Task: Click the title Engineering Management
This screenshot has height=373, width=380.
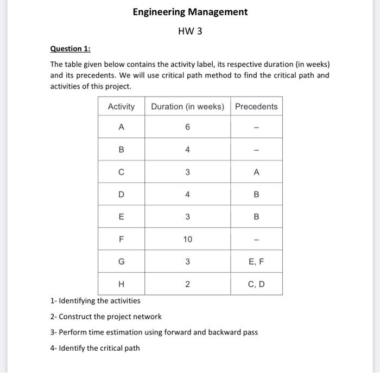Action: click(190, 12)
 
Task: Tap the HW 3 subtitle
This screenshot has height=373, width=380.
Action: click(190, 31)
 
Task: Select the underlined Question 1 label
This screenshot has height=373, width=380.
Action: click(70, 49)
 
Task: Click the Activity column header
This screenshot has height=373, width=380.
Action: click(121, 106)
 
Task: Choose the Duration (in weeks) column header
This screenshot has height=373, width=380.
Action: click(187, 106)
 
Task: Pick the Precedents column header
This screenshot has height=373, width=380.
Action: click(256, 106)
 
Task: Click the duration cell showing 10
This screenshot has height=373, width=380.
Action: click(187, 239)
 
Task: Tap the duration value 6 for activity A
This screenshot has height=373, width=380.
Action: click(187, 127)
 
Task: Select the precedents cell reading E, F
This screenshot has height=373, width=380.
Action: click(256, 262)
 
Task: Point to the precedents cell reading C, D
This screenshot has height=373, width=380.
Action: click(256, 284)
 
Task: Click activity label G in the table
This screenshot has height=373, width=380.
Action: click(121, 262)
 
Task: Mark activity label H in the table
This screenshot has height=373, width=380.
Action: click(121, 284)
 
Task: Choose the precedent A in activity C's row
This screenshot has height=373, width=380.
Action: click(256, 172)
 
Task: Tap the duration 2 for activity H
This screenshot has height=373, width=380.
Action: click(187, 284)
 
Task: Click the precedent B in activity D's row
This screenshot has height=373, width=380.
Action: click(256, 195)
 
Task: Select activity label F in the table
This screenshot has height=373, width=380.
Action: click(121, 239)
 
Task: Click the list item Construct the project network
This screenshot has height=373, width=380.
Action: click(106, 316)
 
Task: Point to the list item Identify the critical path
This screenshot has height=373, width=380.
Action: click(94, 348)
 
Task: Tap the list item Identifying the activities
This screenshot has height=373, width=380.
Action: click(95, 300)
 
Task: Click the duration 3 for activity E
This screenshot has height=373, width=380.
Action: click(187, 217)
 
